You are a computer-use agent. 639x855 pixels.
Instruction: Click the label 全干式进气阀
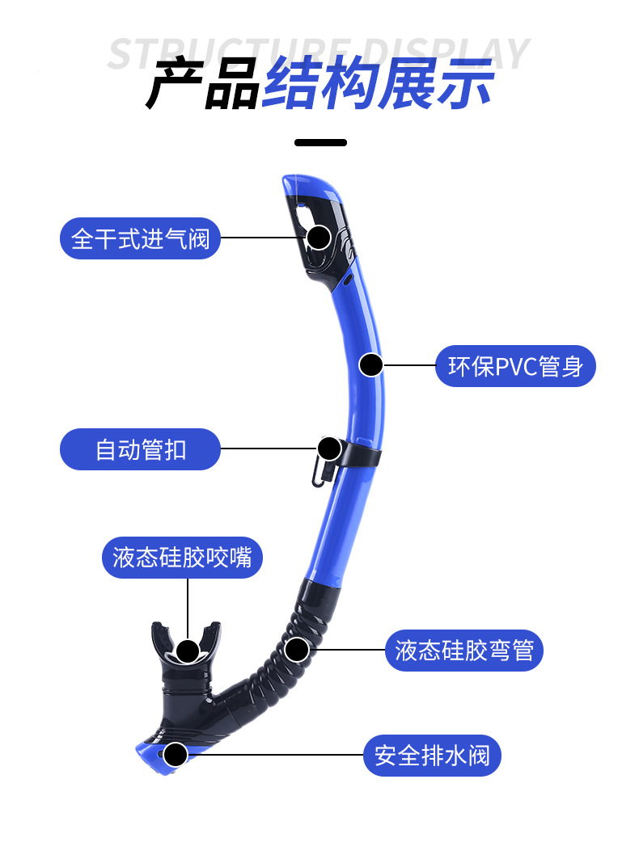click(x=140, y=238)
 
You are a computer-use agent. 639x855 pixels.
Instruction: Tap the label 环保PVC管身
click(x=516, y=366)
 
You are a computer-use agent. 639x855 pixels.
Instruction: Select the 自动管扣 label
click(x=140, y=449)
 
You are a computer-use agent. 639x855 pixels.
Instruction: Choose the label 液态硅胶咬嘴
click(x=182, y=558)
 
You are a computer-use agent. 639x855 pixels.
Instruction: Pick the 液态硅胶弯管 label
click(x=464, y=650)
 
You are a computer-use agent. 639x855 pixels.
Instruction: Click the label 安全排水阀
click(x=432, y=756)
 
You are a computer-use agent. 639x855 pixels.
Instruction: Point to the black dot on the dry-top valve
click(x=319, y=237)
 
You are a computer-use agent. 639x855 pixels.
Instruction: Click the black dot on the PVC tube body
click(x=370, y=365)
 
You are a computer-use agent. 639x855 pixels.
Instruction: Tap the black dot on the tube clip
click(x=329, y=449)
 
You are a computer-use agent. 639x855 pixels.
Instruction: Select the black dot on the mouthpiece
click(x=188, y=651)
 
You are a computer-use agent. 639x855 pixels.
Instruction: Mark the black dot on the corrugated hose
click(x=297, y=648)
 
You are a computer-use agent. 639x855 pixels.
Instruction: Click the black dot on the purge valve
click(x=176, y=755)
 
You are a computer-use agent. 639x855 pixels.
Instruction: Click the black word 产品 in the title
click(x=202, y=85)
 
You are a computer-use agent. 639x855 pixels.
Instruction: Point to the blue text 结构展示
click(x=378, y=85)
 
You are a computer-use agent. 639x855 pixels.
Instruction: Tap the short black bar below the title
click(x=320, y=142)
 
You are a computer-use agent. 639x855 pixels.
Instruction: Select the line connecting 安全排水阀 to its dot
click(x=275, y=756)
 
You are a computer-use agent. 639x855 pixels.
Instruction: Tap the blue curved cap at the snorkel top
click(x=311, y=185)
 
